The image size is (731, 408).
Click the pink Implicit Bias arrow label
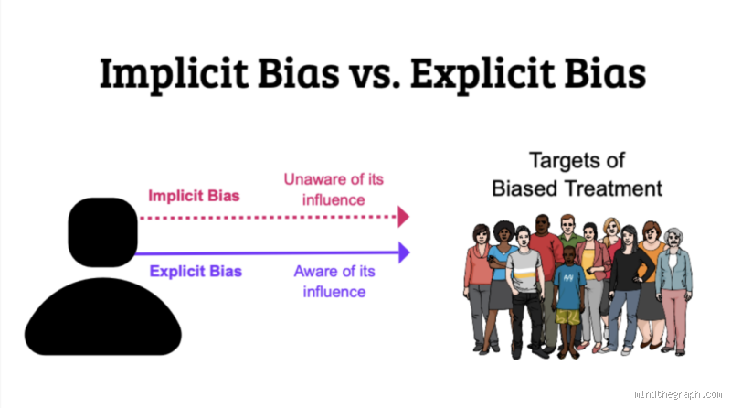pyautogui.click(x=195, y=196)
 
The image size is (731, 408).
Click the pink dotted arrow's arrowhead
pyautogui.click(x=403, y=218)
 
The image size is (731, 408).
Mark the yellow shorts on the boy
pyautogui.click(x=567, y=317)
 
